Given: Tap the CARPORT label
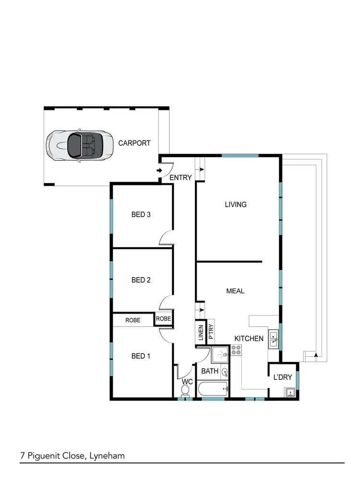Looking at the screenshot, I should (134, 143).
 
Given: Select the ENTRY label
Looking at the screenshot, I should (180, 178).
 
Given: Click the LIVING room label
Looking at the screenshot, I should (236, 205).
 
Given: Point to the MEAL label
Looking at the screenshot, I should (235, 291).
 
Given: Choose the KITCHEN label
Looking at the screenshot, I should (249, 338).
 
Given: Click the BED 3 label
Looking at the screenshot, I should (141, 215).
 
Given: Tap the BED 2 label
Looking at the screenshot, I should (141, 280).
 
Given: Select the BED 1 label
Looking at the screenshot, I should (141, 356).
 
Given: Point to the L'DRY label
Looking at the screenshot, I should (282, 377).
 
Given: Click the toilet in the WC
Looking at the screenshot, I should (185, 391).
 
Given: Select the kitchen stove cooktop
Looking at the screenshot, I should (236, 350).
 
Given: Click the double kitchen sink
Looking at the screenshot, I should (273, 339).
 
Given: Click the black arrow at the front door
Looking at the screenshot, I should (159, 170).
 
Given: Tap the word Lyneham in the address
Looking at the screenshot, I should (107, 456).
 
